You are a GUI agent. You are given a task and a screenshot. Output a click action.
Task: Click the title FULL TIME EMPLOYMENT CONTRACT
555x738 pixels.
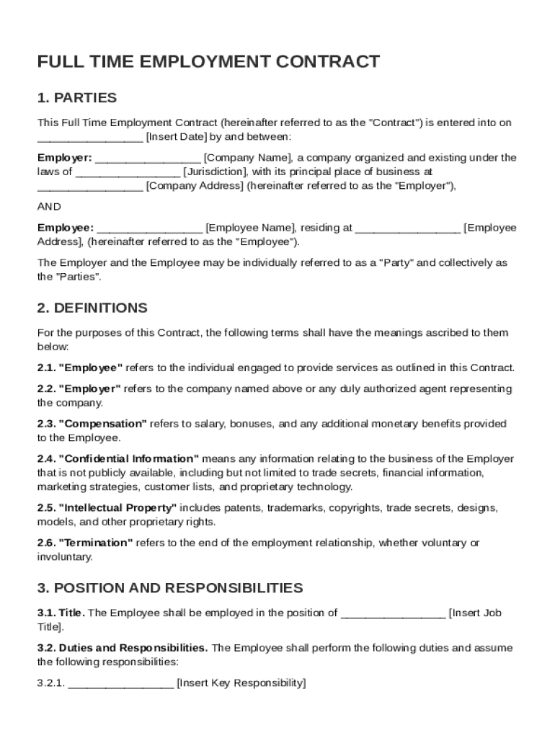(x=208, y=62)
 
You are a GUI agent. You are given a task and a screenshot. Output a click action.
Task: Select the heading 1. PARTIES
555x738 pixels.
(x=76, y=98)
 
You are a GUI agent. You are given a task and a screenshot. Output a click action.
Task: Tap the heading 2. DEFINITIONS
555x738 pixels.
(x=92, y=308)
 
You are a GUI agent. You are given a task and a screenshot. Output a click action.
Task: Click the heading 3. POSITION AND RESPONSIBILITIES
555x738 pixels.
(x=170, y=588)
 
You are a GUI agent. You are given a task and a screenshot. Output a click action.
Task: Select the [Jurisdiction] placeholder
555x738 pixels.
(x=215, y=172)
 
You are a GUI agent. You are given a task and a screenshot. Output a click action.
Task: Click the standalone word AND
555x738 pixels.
(x=49, y=206)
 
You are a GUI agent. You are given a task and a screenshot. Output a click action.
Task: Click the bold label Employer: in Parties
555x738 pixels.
(x=64, y=158)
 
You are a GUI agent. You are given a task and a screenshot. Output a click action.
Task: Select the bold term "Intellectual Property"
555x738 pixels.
(x=117, y=508)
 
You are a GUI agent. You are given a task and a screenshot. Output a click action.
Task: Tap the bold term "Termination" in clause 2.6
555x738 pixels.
(x=95, y=543)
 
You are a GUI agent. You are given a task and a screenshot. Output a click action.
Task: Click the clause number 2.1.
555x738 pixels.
(x=46, y=368)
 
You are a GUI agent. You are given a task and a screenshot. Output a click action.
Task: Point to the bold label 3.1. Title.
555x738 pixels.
(x=61, y=613)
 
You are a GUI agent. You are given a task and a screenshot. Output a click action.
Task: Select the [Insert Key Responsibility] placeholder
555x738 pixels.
(x=241, y=683)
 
